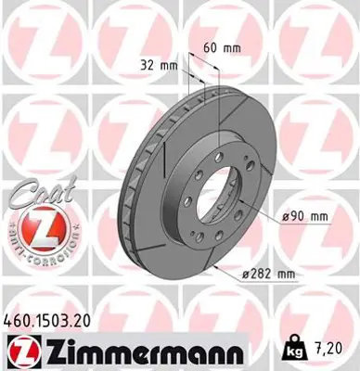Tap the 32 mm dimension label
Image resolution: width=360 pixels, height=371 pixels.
click(161, 66)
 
